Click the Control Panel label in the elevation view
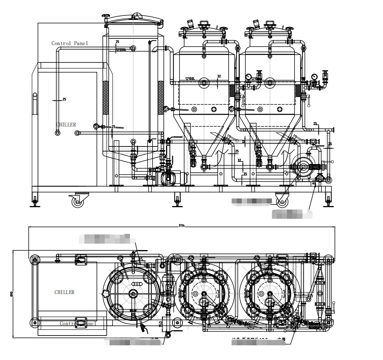point(70,43)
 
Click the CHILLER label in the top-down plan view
point(64,292)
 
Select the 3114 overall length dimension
point(182,226)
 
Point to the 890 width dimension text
point(12,294)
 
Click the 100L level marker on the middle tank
point(190,79)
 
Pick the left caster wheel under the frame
point(78,201)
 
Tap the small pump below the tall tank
point(168,178)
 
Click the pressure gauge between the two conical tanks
point(248,77)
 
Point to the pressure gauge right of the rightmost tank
point(314,77)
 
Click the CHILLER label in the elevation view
point(66,125)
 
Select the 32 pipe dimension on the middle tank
point(219,76)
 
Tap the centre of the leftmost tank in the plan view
point(133,294)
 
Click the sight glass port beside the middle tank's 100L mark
point(204,82)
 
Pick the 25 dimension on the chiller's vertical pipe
point(64,99)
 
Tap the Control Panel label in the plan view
point(78,323)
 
